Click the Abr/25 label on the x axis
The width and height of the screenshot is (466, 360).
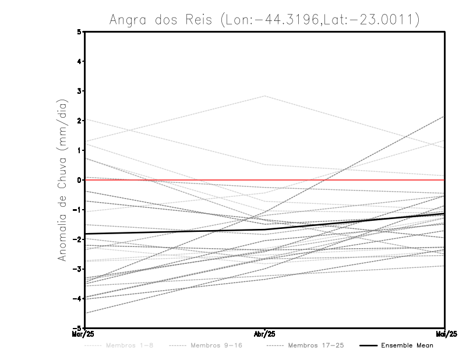[x=265, y=333]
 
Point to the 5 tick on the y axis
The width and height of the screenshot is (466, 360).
[x=80, y=32]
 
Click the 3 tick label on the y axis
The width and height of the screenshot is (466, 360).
[x=80, y=91]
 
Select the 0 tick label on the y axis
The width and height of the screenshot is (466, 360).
[x=80, y=180]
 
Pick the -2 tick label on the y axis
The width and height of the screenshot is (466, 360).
[x=78, y=239]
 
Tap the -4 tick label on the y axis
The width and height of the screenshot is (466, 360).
[x=78, y=299]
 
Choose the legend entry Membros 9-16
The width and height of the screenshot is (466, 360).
[x=216, y=345]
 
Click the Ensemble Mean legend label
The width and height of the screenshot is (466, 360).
[x=407, y=345]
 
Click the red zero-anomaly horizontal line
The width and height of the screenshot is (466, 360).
[x=349, y=180]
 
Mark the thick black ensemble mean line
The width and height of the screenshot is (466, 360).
[x=175, y=231]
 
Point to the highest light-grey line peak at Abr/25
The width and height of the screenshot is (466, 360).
[x=265, y=96]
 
